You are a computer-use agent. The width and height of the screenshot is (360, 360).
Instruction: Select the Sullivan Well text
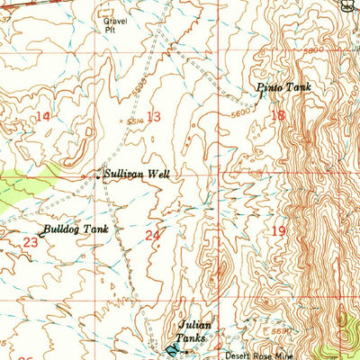click(x=136, y=175)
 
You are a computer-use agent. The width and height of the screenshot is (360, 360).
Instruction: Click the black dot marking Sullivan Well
click(x=98, y=176)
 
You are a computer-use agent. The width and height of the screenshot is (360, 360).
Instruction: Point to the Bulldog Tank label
click(x=76, y=229)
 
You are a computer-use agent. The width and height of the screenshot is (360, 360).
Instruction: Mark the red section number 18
click(x=276, y=115)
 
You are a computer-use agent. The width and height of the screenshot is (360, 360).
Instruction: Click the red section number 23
click(x=31, y=241)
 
